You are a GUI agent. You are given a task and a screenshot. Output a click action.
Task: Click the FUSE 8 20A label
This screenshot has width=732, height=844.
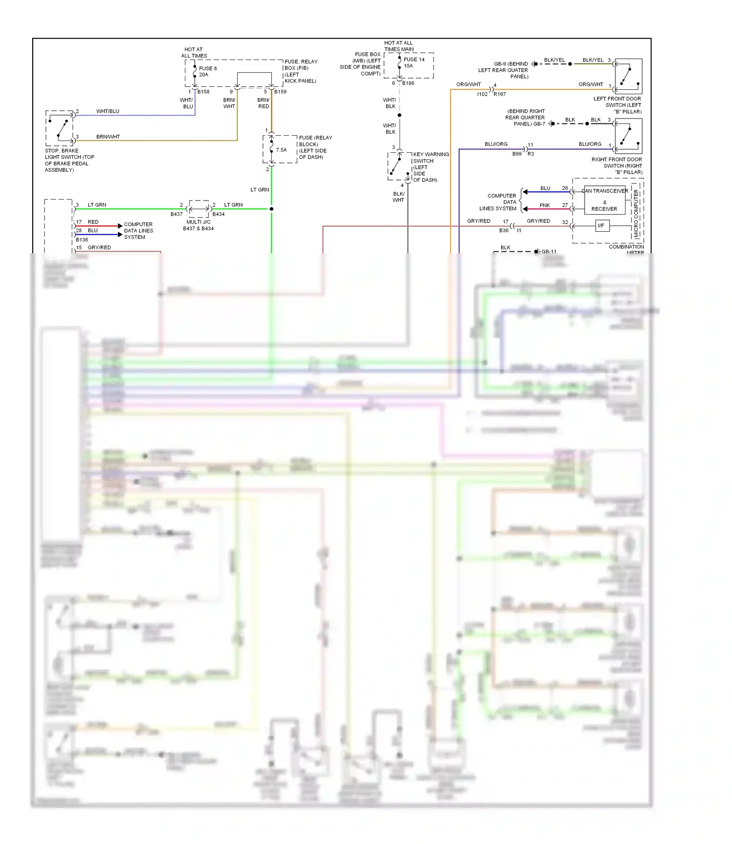click(207, 72)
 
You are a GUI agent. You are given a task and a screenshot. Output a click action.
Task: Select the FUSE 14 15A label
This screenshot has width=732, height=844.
click(414, 62)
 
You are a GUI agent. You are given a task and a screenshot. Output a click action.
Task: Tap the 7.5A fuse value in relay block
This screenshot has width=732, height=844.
click(281, 150)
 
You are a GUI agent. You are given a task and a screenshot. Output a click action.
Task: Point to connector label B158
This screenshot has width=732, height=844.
click(203, 92)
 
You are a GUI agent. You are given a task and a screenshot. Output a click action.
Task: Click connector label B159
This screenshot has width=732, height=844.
click(280, 92)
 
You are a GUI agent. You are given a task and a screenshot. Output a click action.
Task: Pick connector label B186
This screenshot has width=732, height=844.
click(408, 83)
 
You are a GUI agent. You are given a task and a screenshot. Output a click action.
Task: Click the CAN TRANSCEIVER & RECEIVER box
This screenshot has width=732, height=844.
click(604, 200)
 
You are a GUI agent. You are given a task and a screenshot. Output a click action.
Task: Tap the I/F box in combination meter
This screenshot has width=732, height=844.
click(602, 226)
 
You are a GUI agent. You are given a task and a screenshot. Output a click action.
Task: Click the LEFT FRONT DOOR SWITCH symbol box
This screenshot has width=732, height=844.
click(628, 76)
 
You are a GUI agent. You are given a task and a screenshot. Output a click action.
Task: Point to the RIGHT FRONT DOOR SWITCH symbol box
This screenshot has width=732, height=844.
click(628, 137)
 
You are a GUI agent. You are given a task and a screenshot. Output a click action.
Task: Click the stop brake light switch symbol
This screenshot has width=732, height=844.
click(60, 128)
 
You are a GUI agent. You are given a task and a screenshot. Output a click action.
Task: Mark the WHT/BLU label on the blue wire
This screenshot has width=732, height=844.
click(107, 111)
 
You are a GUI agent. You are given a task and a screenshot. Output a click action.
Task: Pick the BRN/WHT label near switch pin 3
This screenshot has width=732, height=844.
click(108, 137)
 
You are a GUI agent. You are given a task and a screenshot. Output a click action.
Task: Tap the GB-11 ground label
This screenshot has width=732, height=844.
click(549, 252)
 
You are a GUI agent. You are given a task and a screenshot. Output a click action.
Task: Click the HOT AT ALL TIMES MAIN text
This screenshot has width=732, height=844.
click(398, 46)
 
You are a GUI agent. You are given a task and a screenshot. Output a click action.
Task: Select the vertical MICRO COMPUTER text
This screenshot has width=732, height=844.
click(635, 214)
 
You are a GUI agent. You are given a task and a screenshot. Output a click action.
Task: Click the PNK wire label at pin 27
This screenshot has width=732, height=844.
click(545, 205)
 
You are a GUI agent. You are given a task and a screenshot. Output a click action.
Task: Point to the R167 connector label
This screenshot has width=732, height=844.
click(500, 94)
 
